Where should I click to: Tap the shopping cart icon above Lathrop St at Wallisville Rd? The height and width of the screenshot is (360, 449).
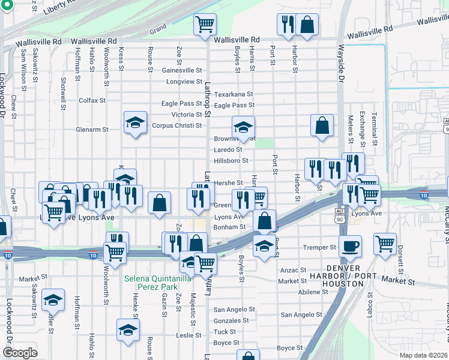[x=205, y=24]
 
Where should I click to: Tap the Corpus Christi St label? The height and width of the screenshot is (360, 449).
[x=177, y=125]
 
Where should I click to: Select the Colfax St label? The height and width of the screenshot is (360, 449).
[x=92, y=100]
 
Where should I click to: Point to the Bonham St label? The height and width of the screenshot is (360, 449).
[x=230, y=227]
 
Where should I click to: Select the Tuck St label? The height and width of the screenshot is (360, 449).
[x=225, y=332]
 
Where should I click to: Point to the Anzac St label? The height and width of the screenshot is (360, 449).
[x=293, y=271]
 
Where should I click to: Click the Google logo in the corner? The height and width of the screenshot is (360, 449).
[x=20, y=353]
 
